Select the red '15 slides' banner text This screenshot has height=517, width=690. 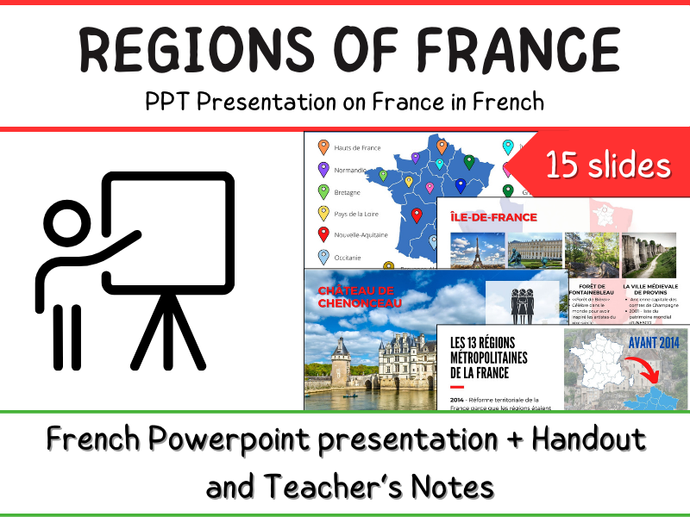click(x=607, y=164)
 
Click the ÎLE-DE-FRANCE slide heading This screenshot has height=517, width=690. click(x=493, y=217)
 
